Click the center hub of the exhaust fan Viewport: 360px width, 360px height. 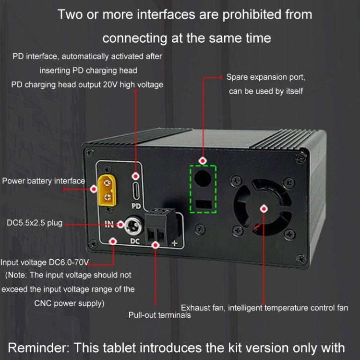click(x=263, y=208)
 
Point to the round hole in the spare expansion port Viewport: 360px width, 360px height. click(x=203, y=178)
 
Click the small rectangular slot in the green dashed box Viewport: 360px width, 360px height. click(x=204, y=204)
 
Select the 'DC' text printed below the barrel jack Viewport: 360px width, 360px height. click(x=135, y=241)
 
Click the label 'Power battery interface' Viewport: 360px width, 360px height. click(x=43, y=181)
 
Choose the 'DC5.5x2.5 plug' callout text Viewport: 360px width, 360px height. click(x=35, y=223)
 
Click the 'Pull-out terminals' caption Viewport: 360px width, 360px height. click(x=159, y=315)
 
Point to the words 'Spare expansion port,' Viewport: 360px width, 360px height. click(x=266, y=77)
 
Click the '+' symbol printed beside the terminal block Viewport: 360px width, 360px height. click(x=174, y=243)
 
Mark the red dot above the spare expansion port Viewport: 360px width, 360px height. click(x=203, y=160)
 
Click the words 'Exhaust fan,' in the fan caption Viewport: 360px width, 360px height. click(x=202, y=308)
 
